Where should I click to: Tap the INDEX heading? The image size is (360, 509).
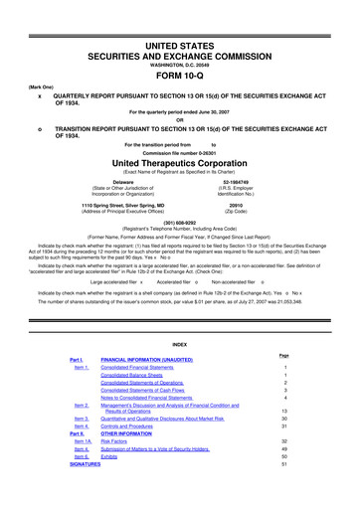coord(180,347)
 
